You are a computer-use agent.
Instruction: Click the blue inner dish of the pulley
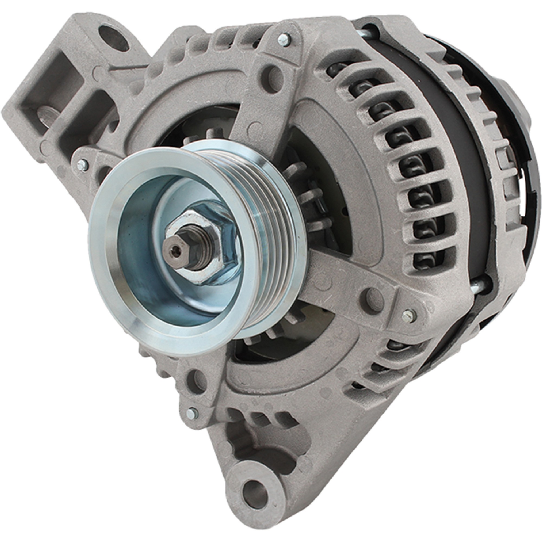click(157, 286)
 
